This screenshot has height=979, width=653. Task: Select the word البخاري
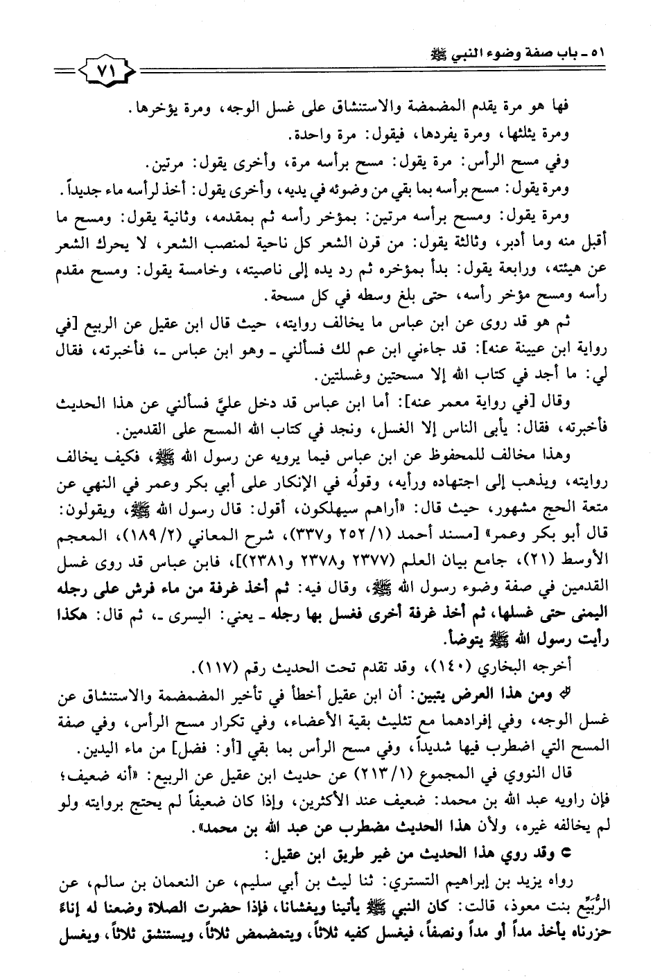point(532,667)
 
